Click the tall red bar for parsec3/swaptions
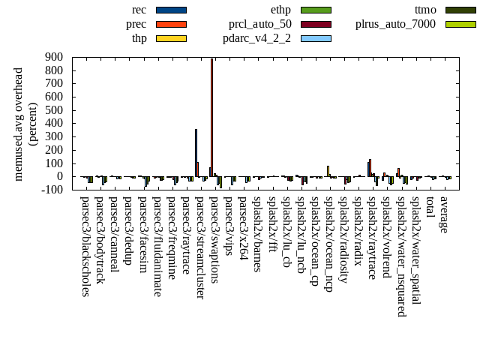[x=211, y=117]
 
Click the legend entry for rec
[x=139, y=10]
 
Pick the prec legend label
[x=136, y=24]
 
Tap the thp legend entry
[x=139, y=38]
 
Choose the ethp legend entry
[x=280, y=10]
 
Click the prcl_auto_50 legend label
[x=260, y=24]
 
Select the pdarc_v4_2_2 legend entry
[x=256, y=38]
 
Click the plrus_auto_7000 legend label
[x=395, y=24]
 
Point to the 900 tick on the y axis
[x=54, y=57]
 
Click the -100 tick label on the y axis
[x=52, y=190]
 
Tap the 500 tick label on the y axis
[x=54, y=110]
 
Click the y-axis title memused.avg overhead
[x=19, y=124]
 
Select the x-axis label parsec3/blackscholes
[x=85, y=247]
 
